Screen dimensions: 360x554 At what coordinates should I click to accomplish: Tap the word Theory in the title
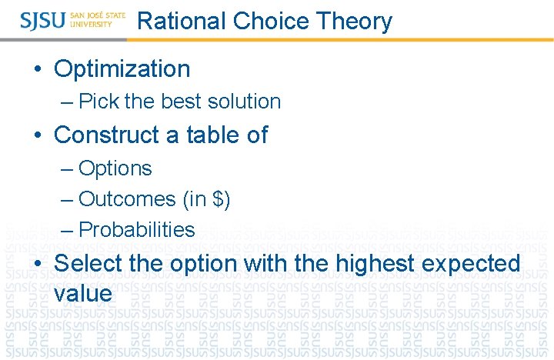coord(355,22)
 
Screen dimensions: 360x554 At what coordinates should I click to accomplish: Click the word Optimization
coord(122,69)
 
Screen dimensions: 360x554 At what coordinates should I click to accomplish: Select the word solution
coord(242,102)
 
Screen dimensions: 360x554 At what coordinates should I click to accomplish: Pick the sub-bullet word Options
coord(115,168)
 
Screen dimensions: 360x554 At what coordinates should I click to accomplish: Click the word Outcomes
coord(127,199)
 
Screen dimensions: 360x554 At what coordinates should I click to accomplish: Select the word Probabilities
coord(137,230)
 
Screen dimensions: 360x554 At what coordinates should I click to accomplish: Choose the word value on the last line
coord(83,293)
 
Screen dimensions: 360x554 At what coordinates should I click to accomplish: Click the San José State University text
coord(97,20)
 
